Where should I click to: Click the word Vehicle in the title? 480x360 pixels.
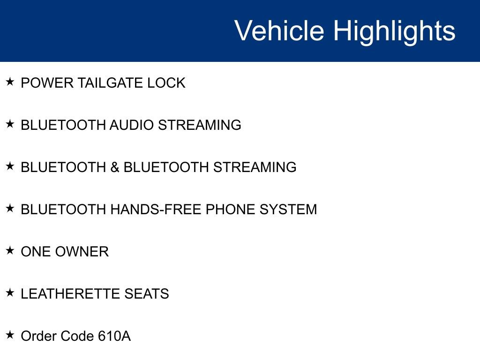279,31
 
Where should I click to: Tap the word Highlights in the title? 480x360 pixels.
394,31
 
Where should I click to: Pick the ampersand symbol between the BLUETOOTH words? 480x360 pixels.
115,167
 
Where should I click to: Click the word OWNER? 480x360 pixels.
82,252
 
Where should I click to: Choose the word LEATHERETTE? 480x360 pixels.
70,294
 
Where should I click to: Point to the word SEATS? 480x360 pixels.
147,294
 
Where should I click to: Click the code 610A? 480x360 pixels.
114,336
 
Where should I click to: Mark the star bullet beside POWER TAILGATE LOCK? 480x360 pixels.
10,82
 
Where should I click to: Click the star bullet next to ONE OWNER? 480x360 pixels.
10,251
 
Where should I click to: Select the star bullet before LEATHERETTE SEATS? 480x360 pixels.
10,293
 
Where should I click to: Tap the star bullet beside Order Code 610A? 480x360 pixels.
10,335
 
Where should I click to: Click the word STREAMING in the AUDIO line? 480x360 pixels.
199,125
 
